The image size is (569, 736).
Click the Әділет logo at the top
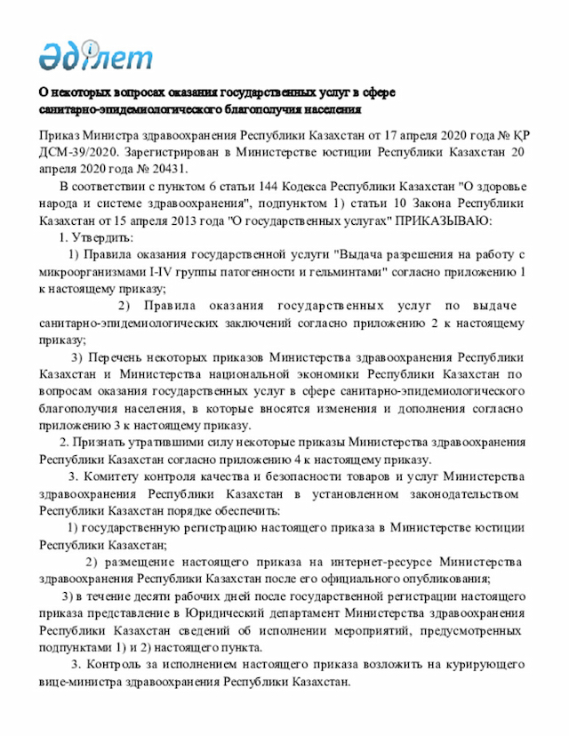95,55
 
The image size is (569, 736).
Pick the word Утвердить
105,236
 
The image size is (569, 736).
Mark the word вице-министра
78,682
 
